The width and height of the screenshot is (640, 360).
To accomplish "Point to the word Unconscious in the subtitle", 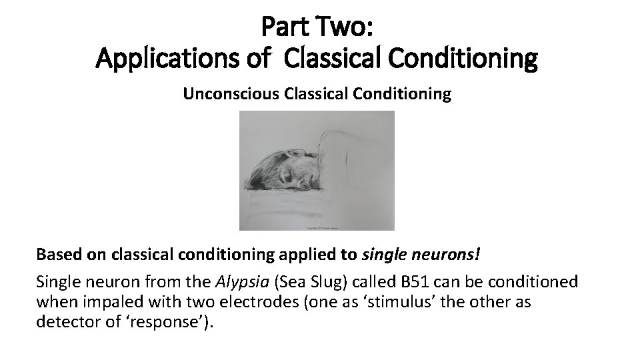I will point(231,94).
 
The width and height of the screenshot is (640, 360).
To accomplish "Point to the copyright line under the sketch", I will point(317,227).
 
